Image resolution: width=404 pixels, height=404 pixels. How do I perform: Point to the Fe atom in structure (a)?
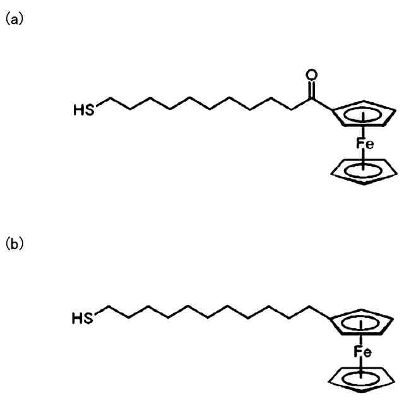click(365, 144)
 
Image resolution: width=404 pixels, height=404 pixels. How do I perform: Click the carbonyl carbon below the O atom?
click(310, 100)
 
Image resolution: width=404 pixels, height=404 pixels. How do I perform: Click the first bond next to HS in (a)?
click(102, 104)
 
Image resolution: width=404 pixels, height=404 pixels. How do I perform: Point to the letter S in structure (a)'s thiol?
click(90, 110)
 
